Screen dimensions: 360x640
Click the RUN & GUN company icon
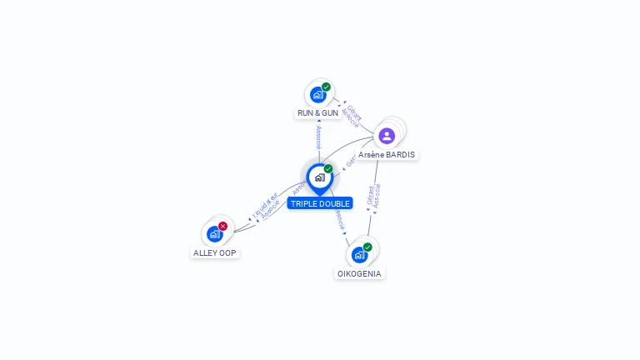coord(317,94)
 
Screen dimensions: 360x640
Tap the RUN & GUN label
coord(317,112)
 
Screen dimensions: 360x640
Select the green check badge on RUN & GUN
coord(326,87)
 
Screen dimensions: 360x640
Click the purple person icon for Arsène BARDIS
coord(387,135)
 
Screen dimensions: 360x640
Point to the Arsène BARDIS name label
coord(387,154)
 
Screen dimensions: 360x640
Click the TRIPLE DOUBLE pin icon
coord(319,177)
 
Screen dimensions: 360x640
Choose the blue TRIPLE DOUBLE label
coord(320,203)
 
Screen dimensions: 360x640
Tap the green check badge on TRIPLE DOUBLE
coord(328,169)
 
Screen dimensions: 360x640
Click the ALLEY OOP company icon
coord(214,234)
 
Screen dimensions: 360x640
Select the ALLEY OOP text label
coord(215,252)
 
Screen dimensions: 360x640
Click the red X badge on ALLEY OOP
coord(222,226)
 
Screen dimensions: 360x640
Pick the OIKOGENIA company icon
coord(359,254)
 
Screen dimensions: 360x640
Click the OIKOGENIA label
coord(359,273)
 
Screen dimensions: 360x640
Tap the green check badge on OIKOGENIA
coord(367,247)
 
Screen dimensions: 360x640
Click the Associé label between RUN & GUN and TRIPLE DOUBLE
coord(318,137)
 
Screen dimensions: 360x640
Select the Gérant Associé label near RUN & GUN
coord(352,115)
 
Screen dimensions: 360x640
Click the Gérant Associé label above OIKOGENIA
coord(373,197)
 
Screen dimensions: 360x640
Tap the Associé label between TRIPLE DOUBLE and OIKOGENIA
coord(339,218)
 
